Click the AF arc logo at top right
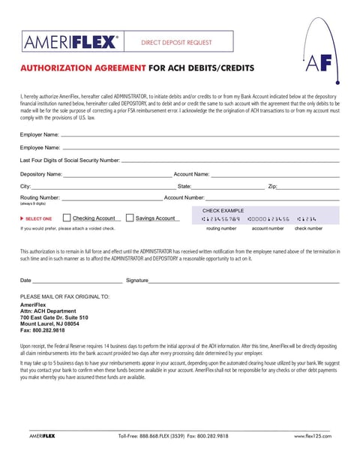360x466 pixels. tap(316, 57)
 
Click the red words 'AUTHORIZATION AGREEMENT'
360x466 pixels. tap(82, 68)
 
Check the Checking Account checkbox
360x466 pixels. tap(67, 218)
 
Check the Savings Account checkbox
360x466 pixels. tap(130, 218)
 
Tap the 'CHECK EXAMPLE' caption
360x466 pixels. tap(223, 211)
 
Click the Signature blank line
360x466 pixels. tap(244, 281)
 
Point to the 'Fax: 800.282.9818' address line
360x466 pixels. tap(43, 330)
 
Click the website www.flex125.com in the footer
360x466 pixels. tap(312, 435)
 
